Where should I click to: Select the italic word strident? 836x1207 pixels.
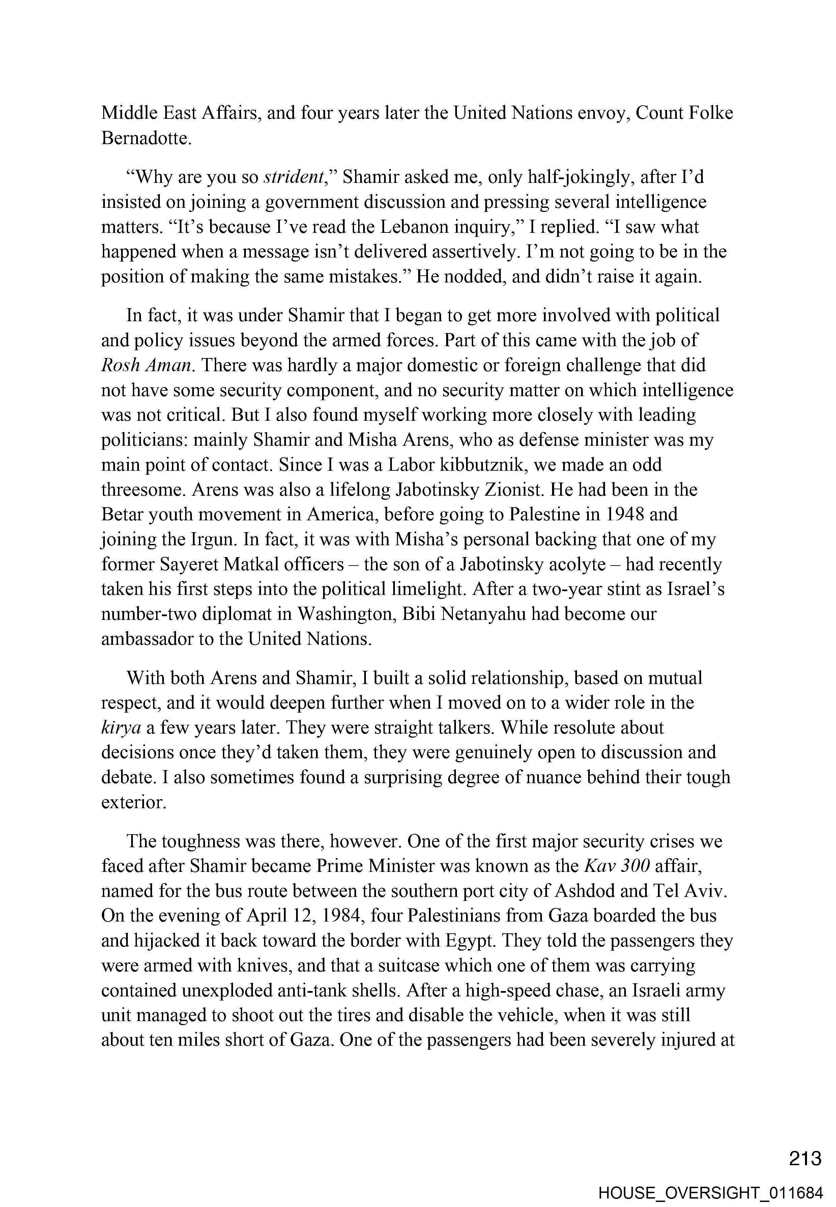click(294, 177)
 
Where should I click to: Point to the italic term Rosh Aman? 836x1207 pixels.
click(146, 365)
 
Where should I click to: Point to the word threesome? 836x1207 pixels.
click(143, 490)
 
